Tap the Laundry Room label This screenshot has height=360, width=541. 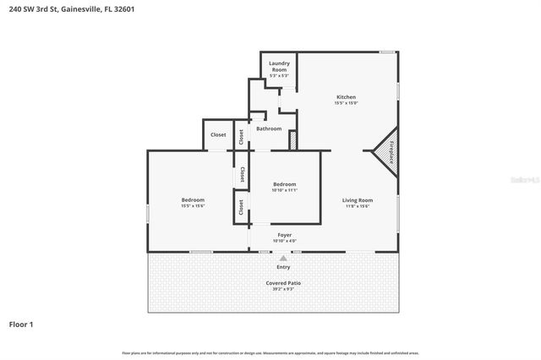point(279,66)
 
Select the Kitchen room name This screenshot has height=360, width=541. point(347,97)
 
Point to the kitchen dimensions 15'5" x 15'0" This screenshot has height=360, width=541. point(347,104)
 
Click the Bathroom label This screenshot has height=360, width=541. point(269,128)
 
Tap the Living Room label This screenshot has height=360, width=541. point(358,200)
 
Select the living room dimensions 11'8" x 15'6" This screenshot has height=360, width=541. point(358,206)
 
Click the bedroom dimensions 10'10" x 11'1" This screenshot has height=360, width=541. point(284,190)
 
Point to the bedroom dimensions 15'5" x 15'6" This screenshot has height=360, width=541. point(193,206)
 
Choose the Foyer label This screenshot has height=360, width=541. point(284,235)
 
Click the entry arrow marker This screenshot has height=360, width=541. point(283,258)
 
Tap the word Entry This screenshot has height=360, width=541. point(283,267)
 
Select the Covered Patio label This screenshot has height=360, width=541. point(283,283)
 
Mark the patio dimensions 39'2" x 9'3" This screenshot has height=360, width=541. point(283,289)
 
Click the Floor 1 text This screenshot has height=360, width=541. point(21,324)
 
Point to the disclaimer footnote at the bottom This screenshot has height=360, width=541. point(270,352)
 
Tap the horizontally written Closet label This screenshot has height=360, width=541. point(218,134)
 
